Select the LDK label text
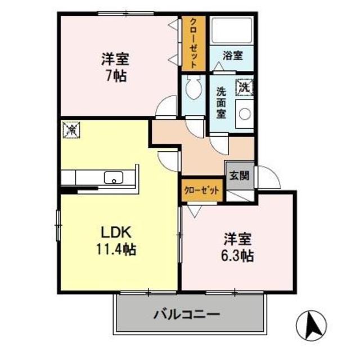116,232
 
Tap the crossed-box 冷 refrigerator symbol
72,129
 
